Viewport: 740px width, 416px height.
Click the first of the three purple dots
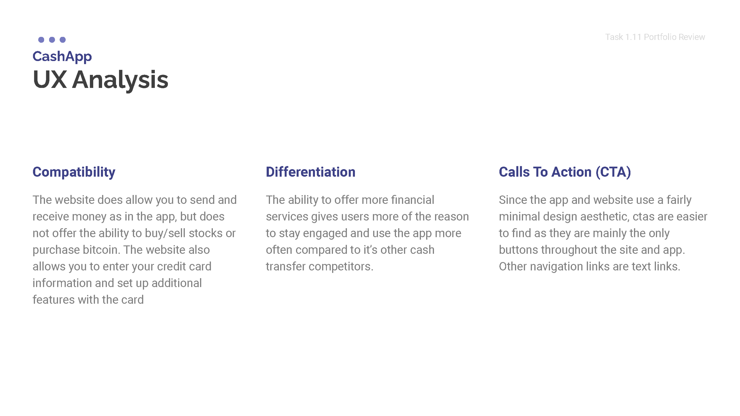41,40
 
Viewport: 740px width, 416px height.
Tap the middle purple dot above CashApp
52,40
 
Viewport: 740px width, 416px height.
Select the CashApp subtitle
62,56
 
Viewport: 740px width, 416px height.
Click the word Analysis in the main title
120,80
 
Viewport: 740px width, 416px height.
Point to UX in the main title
50,80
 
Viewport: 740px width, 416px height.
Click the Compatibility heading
74,172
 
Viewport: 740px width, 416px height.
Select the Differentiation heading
311,172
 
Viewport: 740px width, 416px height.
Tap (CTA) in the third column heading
613,172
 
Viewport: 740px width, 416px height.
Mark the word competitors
341,267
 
